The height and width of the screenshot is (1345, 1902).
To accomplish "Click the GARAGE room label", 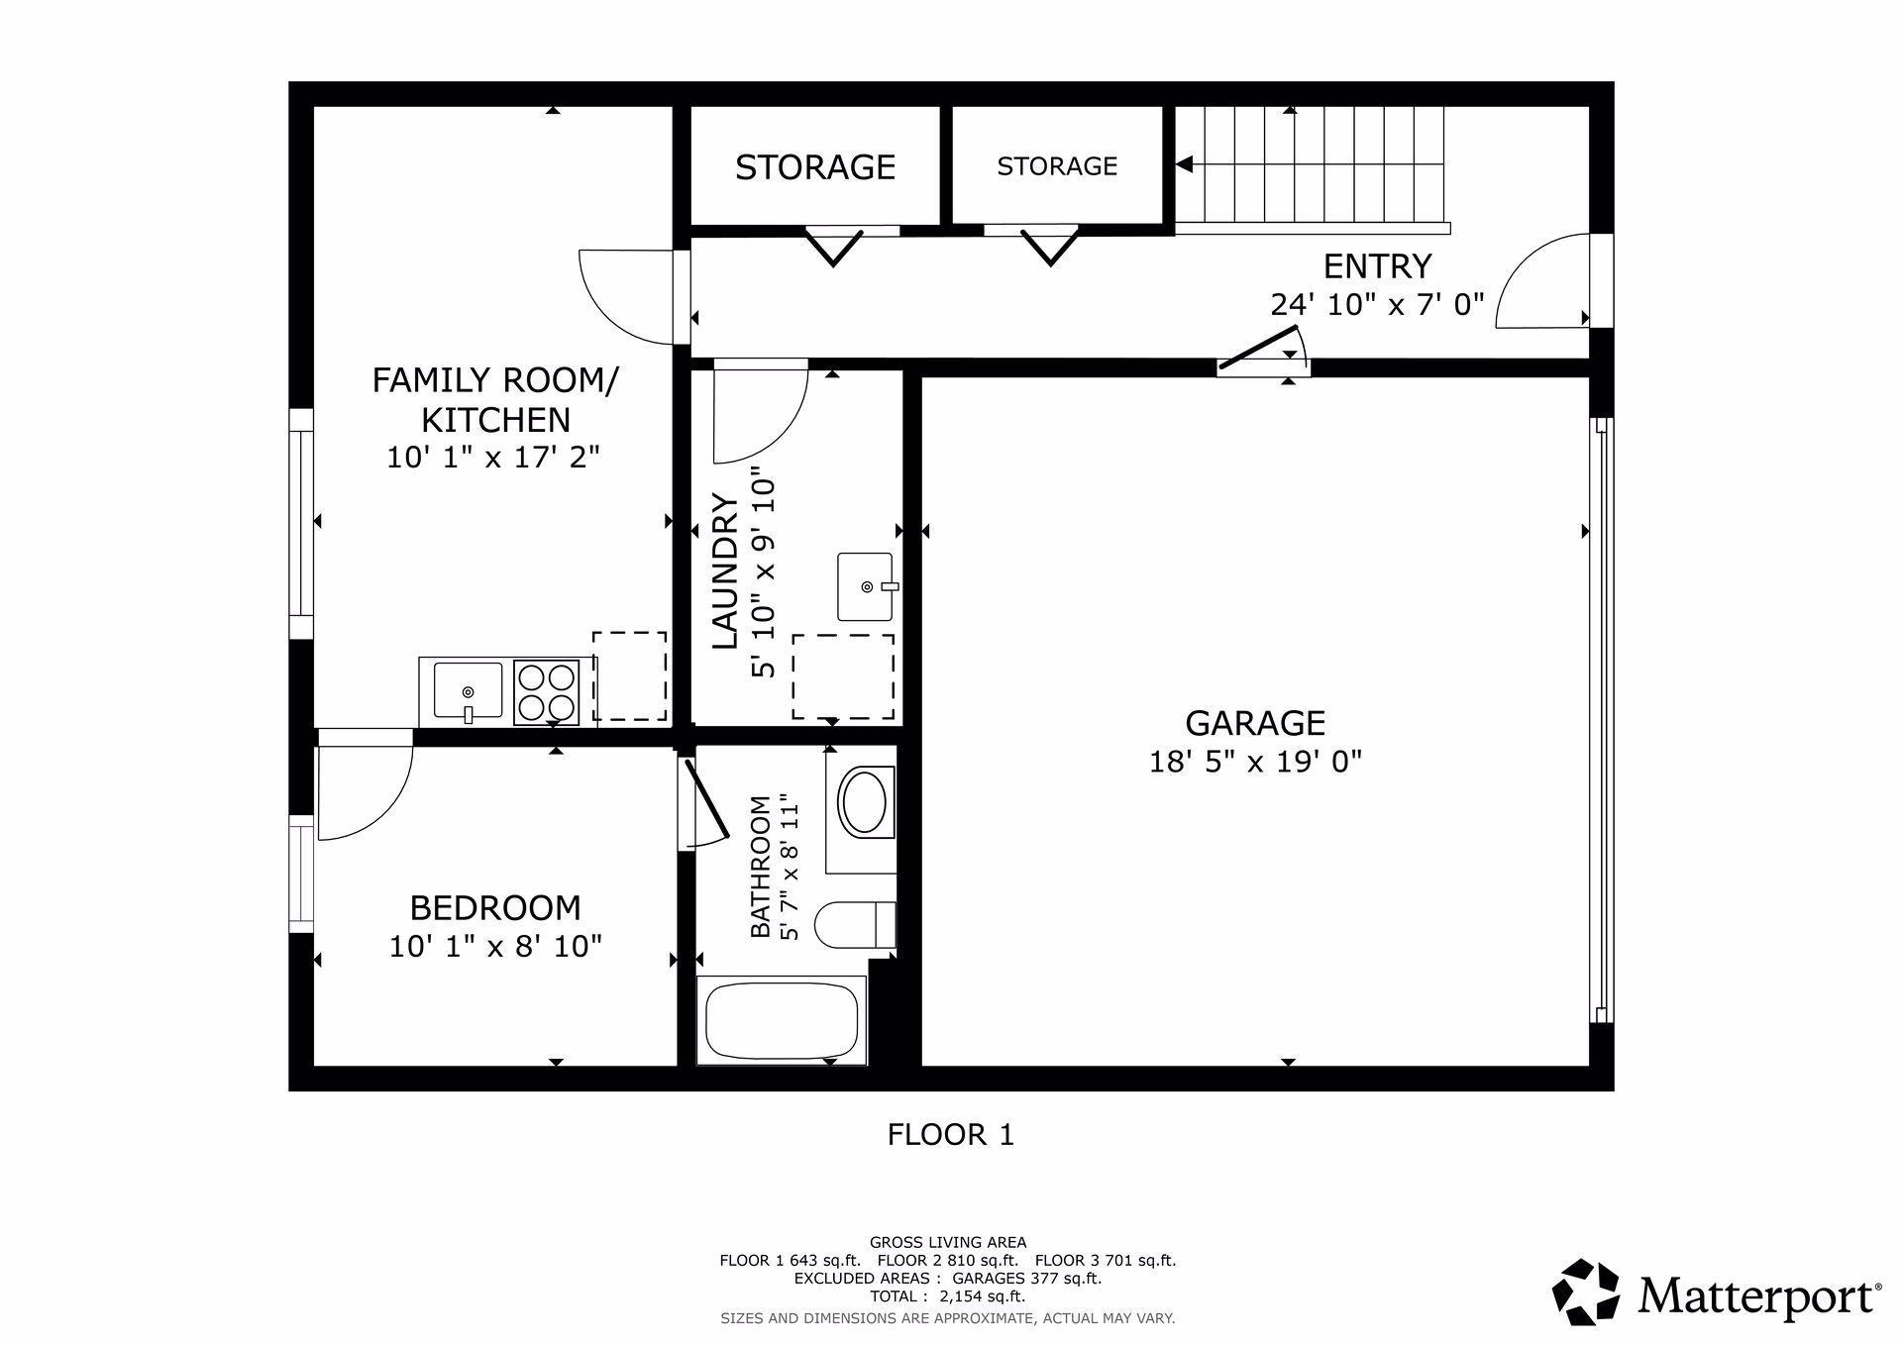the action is (x=1255, y=723).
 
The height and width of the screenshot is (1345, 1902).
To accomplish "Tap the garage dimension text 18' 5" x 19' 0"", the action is (x=1255, y=762).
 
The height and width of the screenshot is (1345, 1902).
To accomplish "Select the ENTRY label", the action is (x=1377, y=266).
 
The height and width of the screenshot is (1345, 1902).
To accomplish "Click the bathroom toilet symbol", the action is (x=855, y=925).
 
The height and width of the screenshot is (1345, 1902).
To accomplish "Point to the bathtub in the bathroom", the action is (x=782, y=1020).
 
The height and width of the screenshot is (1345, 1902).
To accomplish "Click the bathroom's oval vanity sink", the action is (x=864, y=802).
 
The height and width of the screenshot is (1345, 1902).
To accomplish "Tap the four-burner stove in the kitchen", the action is (x=547, y=692).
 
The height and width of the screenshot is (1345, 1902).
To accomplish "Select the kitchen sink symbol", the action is (x=468, y=691).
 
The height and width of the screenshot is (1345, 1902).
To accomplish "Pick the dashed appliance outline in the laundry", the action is (x=843, y=677).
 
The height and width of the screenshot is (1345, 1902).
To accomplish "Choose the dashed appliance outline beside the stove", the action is (x=629, y=676).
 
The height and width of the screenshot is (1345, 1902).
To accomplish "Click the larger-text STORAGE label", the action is (x=815, y=167).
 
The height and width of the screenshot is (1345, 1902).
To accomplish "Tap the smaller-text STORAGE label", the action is (x=1057, y=166).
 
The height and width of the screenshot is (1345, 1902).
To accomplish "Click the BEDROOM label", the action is (x=495, y=908).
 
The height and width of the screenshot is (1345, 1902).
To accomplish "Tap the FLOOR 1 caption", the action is (x=951, y=1134).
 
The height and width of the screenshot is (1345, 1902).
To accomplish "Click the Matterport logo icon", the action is (x=1586, y=1292).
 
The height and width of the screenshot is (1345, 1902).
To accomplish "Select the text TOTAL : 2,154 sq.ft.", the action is (x=948, y=1296).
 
